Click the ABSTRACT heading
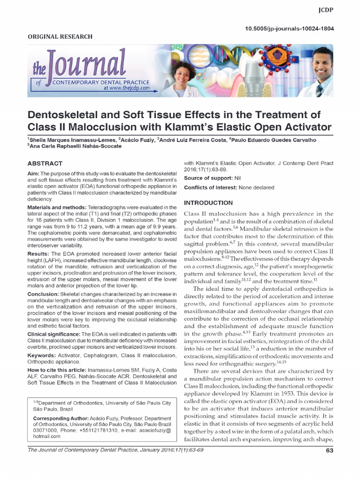click(x=45, y=164)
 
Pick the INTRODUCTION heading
click(x=208, y=203)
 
